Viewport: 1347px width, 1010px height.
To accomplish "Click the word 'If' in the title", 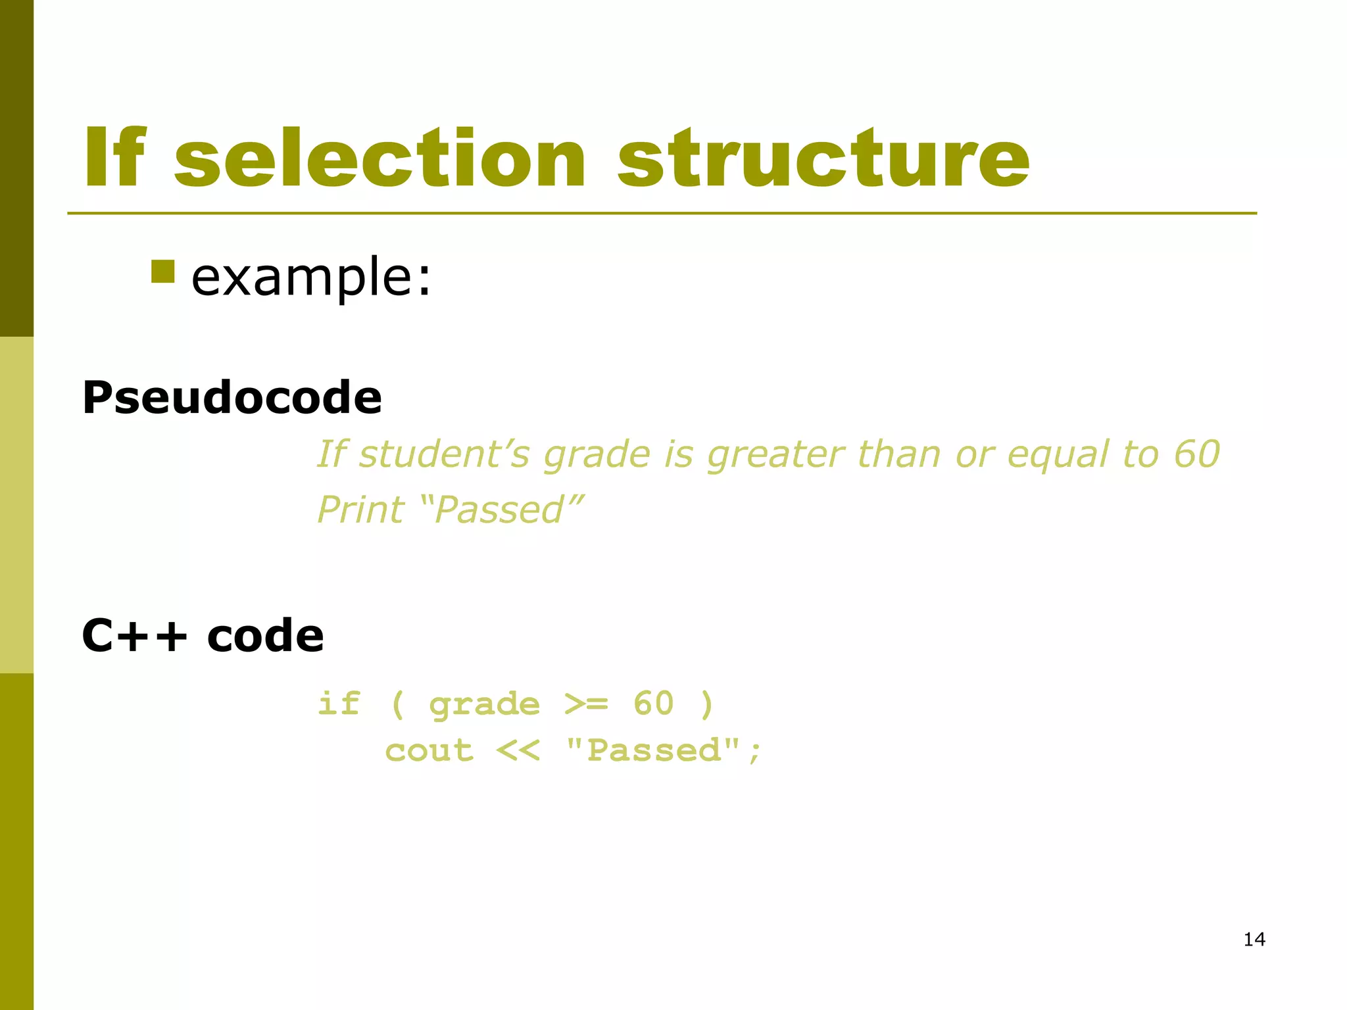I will [114, 158].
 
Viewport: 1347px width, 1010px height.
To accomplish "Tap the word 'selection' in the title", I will [380, 158].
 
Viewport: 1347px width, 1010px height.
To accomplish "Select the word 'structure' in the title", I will [823, 158].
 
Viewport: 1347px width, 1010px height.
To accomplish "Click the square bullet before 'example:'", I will [162, 272].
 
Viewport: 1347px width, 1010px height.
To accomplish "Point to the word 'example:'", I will [311, 278].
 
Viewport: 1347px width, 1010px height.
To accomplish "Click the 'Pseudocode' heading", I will [232, 398].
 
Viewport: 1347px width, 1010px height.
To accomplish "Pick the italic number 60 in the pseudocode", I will [1197, 454].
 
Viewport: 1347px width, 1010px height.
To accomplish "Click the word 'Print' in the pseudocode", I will [360, 510].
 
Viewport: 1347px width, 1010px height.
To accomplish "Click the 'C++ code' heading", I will [203, 636].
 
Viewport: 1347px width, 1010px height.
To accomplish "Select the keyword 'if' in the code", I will [339, 704].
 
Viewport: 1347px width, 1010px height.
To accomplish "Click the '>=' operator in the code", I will [587, 704].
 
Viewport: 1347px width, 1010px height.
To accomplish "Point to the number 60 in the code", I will [654, 704].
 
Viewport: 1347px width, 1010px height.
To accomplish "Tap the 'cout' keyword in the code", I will [429, 751].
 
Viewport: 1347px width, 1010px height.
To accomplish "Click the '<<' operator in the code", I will [518, 751].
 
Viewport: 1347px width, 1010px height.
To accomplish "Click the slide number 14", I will [1254, 940].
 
